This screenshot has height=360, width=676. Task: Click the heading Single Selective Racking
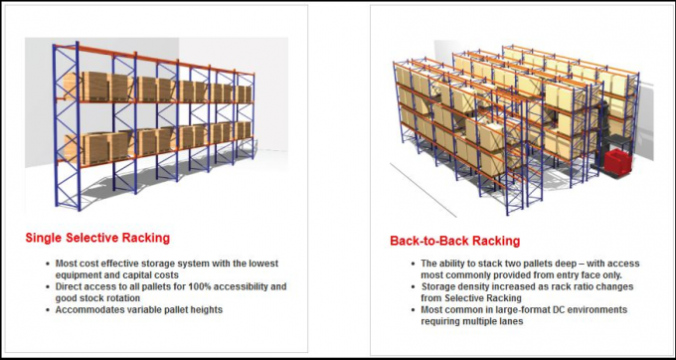pos(97,239)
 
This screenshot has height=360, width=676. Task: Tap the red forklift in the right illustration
pos(618,162)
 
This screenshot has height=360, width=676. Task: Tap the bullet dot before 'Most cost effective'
pos(49,264)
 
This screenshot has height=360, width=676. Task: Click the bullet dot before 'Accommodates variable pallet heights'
pos(49,310)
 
